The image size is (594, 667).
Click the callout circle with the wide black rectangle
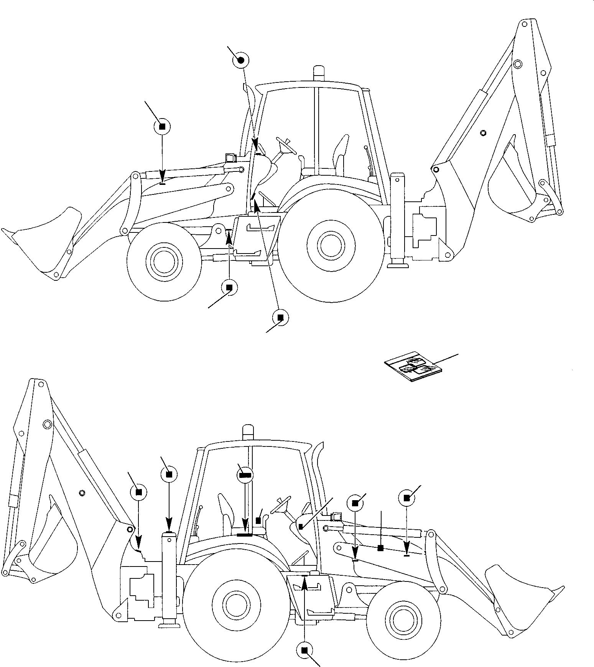point(245,475)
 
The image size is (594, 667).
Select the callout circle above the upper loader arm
point(162,127)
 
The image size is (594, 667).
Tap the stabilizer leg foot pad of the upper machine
point(398,264)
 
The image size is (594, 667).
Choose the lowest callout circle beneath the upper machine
point(280,318)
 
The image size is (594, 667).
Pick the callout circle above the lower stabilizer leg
point(169,474)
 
